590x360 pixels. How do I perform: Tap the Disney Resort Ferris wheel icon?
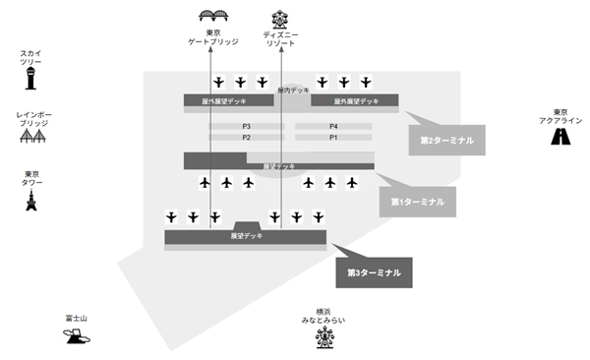coord(280,17)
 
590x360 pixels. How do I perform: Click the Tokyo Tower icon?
coord(30,202)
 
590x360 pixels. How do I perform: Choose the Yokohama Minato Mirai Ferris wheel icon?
coord(324,338)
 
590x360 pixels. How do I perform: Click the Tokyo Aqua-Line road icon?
coord(561,136)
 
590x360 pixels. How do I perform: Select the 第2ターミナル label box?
coord(446,141)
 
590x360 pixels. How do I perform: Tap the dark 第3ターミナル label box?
coord(374,271)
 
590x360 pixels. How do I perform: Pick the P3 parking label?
coord(247,127)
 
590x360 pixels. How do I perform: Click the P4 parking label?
coord(333,127)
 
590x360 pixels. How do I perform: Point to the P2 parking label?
coord(247,138)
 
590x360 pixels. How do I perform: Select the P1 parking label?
coord(333,138)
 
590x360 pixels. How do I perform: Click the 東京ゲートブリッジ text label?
coord(214,40)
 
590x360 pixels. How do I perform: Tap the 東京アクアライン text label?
coord(561,115)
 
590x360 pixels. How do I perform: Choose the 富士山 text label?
coord(77,318)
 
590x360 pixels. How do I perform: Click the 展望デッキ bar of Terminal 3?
coord(246,236)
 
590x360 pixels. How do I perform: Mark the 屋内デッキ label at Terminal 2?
coord(293,90)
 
